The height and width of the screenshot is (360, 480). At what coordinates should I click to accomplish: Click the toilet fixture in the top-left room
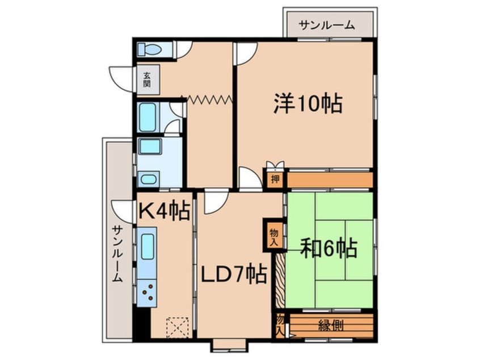[x=149, y=49]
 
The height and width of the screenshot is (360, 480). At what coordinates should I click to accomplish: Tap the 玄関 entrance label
[x=148, y=79]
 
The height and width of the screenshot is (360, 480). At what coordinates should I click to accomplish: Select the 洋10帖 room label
[x=308, y=103]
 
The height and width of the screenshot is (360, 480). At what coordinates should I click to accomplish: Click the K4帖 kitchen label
[x=164, y=211]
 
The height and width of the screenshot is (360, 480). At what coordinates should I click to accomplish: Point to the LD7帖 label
[x=234, y=274]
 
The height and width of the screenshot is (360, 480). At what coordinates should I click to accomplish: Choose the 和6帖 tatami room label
[x=329, y=248]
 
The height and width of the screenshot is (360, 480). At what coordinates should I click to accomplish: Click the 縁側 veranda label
[x=331, y=325]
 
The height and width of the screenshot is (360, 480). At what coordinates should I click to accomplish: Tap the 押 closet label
[x=275, y=179]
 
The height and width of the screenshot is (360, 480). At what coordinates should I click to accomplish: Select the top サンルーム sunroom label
[x=327, y=25]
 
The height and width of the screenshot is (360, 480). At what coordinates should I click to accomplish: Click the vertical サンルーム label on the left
[x=117, y=254]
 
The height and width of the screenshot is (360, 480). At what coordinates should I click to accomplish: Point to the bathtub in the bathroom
[x=148, y=118]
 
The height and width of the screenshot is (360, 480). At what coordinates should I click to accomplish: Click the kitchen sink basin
[x=148, y=246]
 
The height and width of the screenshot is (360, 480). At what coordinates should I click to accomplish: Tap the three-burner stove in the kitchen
[x=147, y=292]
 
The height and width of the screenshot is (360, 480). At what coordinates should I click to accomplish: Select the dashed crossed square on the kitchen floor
[x=178, y=328]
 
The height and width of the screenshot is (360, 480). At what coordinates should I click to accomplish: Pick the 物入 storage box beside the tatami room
[x=274, y=235]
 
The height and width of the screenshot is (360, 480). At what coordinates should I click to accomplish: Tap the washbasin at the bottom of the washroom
[x=149, y=179]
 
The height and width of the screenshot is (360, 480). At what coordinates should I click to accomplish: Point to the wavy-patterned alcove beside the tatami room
[x=280, y=280]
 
